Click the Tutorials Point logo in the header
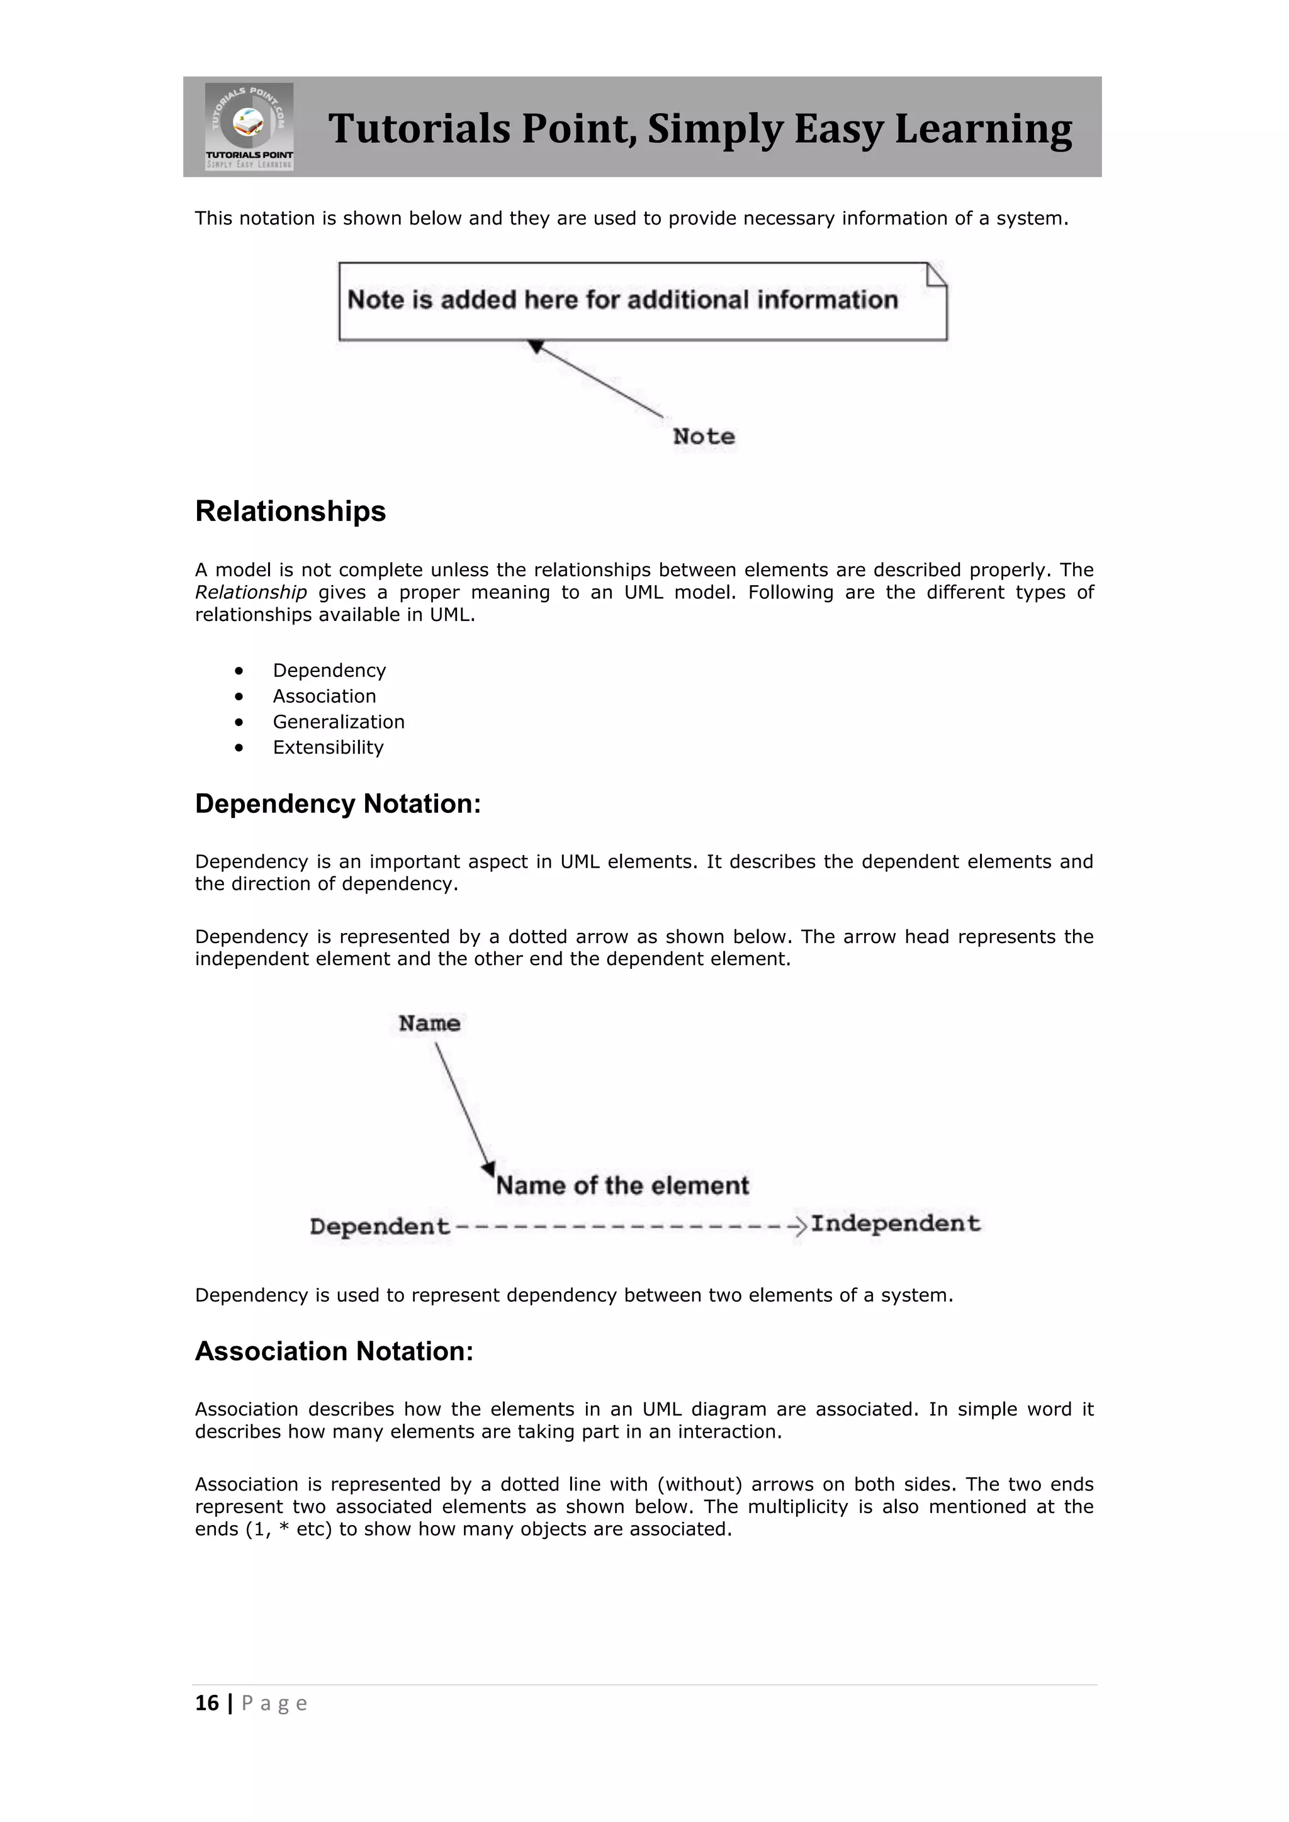click(x=249, y=127)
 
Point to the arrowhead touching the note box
click(x=536, y=347)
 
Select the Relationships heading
click(x=291, y=511)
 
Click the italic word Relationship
click(x=251, y=593)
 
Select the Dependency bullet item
click(x=329, y=671)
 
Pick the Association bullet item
click(x=324, y=696)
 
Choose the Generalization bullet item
click(x=338, y=722)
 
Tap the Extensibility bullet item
click(x=328, y=747)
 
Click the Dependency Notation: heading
click(x=338, y=804)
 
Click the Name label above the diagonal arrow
click(x=429, y=1024)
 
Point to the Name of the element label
click(x=622, y=1185)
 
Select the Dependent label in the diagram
click(x=380, y=1227)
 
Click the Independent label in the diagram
click(x=896, y=1224)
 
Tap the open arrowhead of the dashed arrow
click(x=799, y=1226)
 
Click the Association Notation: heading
click(x=334, y=1351)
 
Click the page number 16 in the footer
click(x=207, y=1703)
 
